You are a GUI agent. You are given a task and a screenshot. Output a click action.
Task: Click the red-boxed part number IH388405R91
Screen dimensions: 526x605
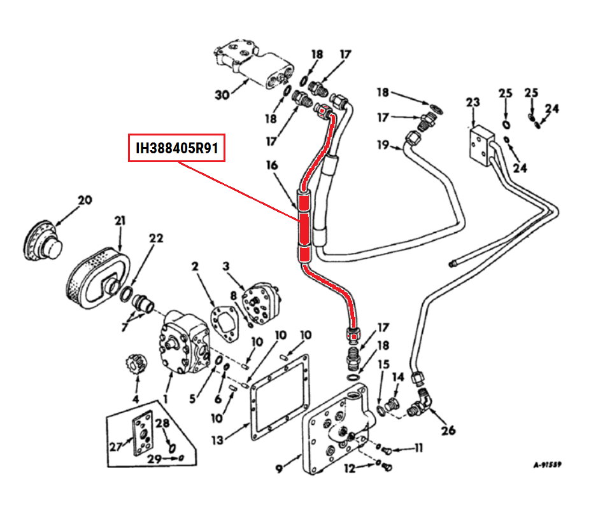[x=177, y=148]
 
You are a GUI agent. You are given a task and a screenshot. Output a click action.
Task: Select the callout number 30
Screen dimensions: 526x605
[x=221, y=95]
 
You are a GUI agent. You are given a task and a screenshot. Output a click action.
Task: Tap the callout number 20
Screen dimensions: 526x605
[x=85, y=200]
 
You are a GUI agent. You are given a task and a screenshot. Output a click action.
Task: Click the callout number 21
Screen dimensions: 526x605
[x=120, y=221]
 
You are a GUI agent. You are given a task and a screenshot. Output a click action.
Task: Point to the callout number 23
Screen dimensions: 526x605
[x=473, y=102]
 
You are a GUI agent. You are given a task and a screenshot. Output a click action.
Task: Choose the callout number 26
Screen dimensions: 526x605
[x=448, y=431]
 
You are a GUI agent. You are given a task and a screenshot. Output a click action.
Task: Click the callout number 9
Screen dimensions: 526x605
[x=279, y=470]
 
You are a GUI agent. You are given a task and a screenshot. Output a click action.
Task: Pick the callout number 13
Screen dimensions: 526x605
[x=218, y=439]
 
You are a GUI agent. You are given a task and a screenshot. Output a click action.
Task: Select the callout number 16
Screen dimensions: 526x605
[x=272, y=166]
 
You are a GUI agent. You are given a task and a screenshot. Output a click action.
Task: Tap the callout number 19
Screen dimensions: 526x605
[x=382, y=145]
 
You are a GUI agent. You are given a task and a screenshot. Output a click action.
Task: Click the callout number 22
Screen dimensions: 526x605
[x=156, y=239]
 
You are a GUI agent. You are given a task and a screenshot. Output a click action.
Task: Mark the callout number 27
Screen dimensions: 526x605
[x=115, y=446]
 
